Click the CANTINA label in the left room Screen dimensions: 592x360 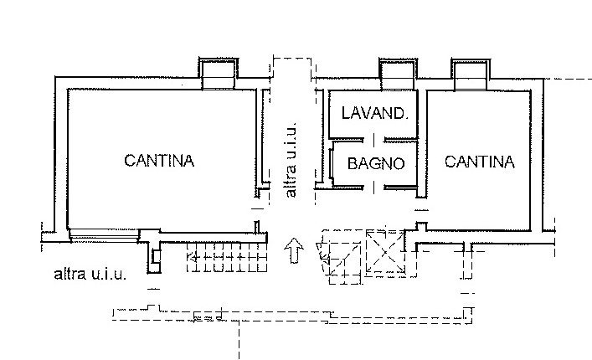[159, 161]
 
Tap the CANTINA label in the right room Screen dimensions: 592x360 [480, 162]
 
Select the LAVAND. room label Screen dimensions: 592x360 [375, 113]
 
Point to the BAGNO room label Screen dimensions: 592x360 [376, 163]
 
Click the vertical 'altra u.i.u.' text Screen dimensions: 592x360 [291, 160]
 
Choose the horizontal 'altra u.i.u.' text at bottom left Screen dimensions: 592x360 [90, 274]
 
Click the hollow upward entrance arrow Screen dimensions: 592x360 [294, 250]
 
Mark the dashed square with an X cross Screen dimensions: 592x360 [385, 252]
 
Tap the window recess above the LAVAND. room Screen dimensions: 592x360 [398, 75]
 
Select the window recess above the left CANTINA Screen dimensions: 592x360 [219, 74]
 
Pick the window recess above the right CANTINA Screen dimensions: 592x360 [471, 75]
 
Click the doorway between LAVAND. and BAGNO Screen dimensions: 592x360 [373, 140]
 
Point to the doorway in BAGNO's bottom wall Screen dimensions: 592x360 [373, 188]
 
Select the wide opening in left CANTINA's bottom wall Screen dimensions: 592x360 [105, 235]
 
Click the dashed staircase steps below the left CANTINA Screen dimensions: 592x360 [227, 257]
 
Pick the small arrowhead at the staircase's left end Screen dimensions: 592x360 [193, 258]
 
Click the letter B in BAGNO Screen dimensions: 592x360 [352, 164]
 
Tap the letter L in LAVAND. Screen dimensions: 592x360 [346, 113]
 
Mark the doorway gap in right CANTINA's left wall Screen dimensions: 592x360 [421, 210]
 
